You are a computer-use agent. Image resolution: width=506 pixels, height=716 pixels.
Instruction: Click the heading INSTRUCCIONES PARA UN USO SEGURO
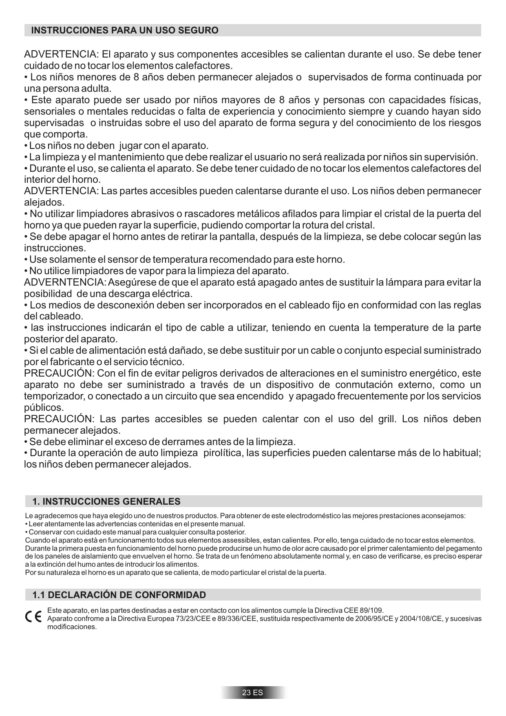[x=125, y=31]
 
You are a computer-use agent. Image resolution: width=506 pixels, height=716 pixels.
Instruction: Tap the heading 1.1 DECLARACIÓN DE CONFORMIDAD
[x=119, y=595]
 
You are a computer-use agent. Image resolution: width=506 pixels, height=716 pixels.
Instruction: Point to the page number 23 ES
[x=253, y=693]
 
